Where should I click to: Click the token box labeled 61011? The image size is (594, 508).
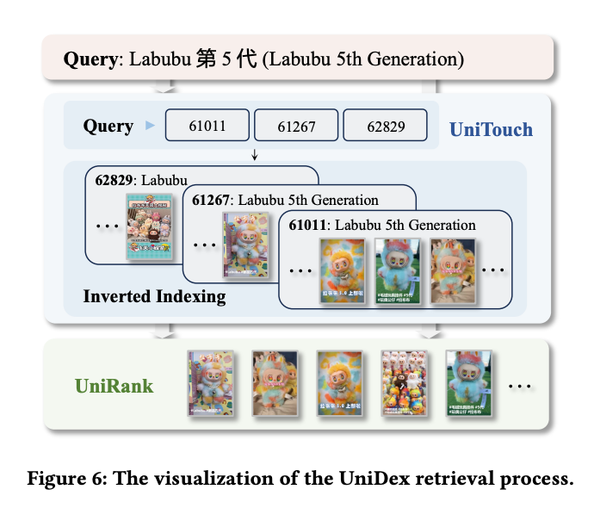[x=207, y=126]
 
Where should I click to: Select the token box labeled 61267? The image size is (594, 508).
[x=295, y=126]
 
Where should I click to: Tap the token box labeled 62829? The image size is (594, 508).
[x=385, y=126]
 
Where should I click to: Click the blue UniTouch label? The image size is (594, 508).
[x=492, y=130]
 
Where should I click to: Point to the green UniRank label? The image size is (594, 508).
[x=114, y=385]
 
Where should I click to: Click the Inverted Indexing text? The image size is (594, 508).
[x=154, y=296]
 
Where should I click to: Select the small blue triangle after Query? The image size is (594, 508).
[x=152, y=127]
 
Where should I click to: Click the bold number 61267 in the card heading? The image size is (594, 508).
[x=212, y=201]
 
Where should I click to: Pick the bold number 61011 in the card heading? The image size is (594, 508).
[x=308, y=226]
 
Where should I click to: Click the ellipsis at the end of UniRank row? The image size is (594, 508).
[x=519, y=386]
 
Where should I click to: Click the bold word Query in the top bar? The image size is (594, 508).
[x=90, y=60]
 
